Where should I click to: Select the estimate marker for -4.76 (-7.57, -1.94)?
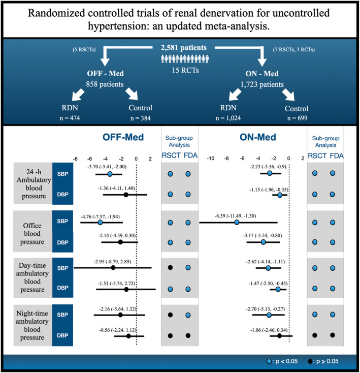click(x=100, y=223)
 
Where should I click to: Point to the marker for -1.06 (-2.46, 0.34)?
click(x=279, y=335)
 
